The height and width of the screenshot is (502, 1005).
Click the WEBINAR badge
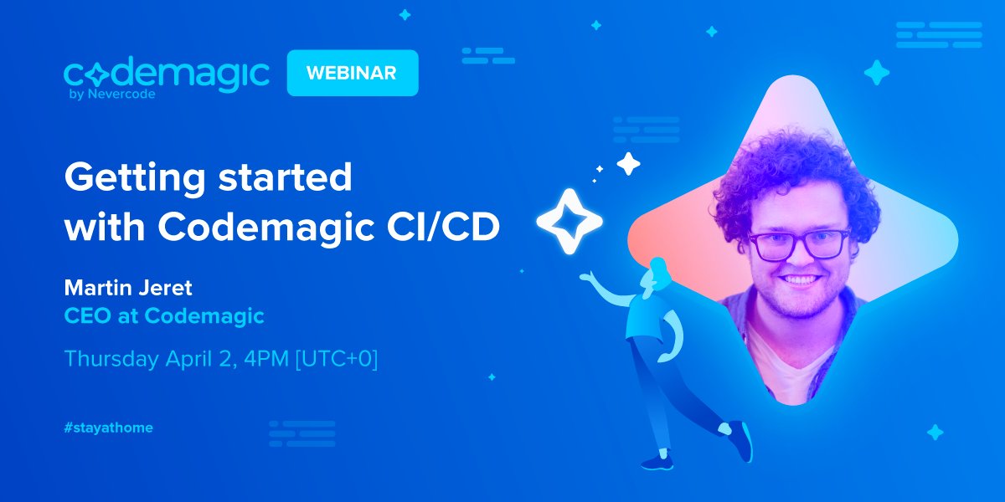(x=352, y=73)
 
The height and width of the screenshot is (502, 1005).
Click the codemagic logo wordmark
(x=166, y=74)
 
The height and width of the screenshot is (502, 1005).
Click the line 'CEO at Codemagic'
(x=164, y=316)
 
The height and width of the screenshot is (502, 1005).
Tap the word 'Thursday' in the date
(x=111, y=360)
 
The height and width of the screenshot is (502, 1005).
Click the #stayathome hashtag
(x=109, y=428)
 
